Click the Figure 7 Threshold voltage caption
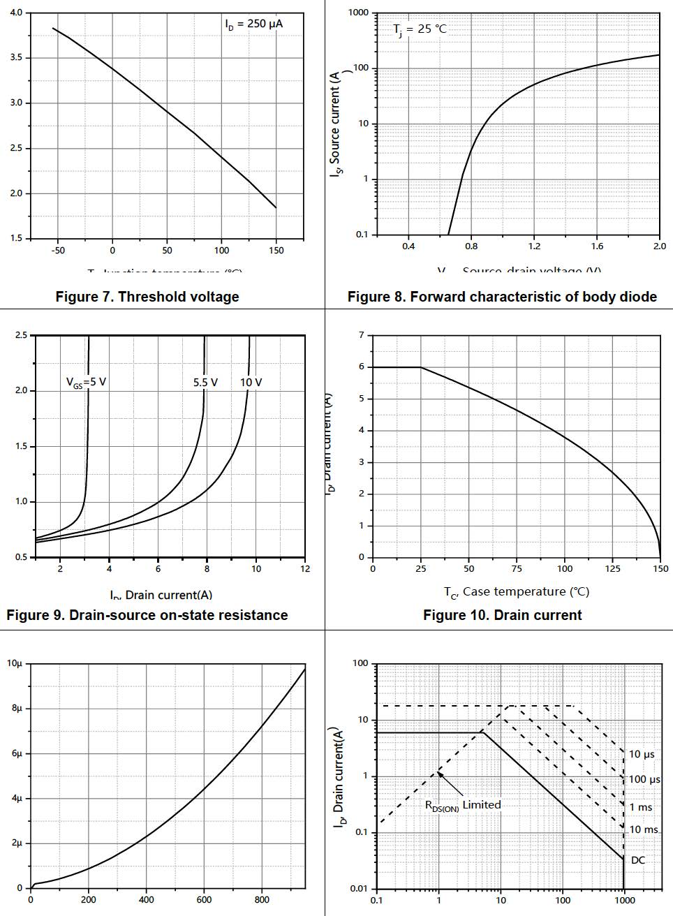pyautogui.click(x=147, y=297)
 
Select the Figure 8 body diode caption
pyautogui.click(x=502, y=297)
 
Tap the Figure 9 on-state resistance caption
pyautogui.click(x=147, y=615)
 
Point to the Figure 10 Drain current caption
pyautogui.click(x=502, y=615)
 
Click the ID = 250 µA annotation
pyautogui.click(x=254, y=24)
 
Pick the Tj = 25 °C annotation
pyautogui.click(x=420, y=29)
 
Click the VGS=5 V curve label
pyautogui.click(x=86, y=383)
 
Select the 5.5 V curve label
pyautogui.click(x=205, y=383)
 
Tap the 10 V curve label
pyautogui.click(x=251, y=383)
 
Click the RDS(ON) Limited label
pyautogui.click(x=463, y=805)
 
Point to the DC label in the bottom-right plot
pyautogui.click(x=638, y=860)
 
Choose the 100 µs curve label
pyautogui.click(x=644, y=779)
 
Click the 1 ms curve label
pyautogui.click(x=641, y=807)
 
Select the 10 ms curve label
pyautogui.click(x=644, y=829)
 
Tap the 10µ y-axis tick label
pyautogui.click(x=15, y=663)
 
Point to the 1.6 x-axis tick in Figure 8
pyautogui.click(x=597, y=246)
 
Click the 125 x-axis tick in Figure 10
pyautogui.click(x=612, y=569)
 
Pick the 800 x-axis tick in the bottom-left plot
pyautogui.click(x=262, y=900)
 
